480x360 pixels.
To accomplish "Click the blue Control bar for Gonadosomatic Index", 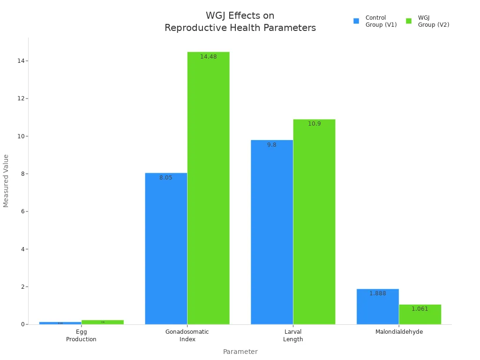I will pos(166,248).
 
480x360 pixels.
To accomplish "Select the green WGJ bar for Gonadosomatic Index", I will pos(208,187).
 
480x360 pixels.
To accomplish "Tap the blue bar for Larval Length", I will pos(272,232).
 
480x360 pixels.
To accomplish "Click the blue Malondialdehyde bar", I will pos(377,307).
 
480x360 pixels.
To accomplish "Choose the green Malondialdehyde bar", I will pos(420,315).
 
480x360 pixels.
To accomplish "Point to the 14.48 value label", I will pos(208,57).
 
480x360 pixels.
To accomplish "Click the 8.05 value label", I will pos(166,178).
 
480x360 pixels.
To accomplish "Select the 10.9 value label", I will pos(314,124).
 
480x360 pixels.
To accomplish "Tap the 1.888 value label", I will pos(377,293).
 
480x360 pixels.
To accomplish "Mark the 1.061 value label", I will pos(420,309).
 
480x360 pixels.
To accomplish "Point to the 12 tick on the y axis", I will pos(21,98).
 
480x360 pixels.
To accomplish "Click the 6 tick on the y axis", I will pos(22,211).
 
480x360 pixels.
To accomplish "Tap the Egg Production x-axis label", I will pos(81,336).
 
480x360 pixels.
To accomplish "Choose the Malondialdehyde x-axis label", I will pos(399,332).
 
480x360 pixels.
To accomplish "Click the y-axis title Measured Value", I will pos(6,180).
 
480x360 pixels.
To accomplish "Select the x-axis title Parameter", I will pos(240,352).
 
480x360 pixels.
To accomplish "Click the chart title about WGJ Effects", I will pos(240,22).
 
